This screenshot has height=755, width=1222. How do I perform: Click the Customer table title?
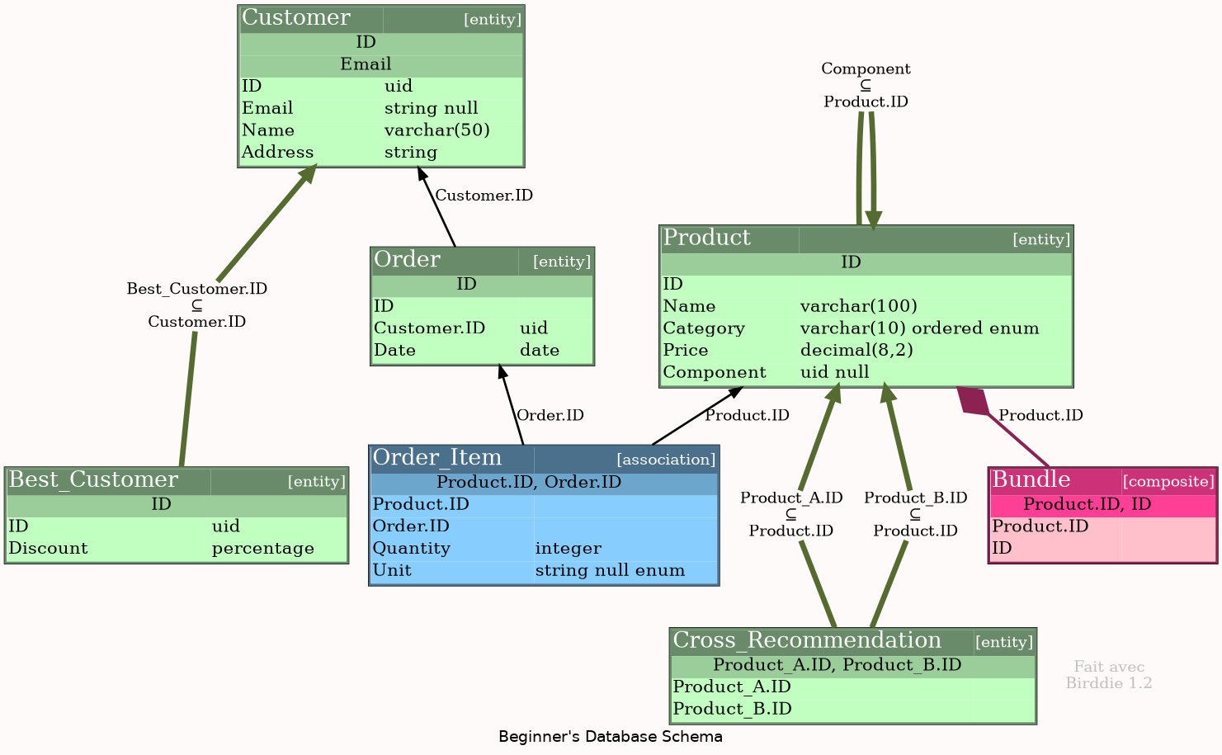pyautogui.click(x=296, y=18)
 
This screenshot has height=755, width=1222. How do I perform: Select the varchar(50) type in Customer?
pyautogui.click(x=437, y=130)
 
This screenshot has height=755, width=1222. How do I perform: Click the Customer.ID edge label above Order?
pyautogui.click(x=484, y=196)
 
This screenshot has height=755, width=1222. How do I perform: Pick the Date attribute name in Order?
pyautogui.click(x=394, y=351)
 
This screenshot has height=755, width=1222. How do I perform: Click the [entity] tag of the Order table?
pyautogui.click(x=562, y=262)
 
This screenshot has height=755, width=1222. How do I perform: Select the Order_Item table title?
pyautogui.click(x=437, y=458)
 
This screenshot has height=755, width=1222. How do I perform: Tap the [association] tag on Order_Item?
pyautogui.click(x=666, y=460)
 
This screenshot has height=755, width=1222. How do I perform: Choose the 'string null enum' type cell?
pyautogui.click(x=610, y=571)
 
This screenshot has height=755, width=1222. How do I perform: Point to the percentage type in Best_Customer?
pyautogui.click(x=262, y=549)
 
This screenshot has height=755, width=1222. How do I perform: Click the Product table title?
pyautogui.click(x=707, y=238)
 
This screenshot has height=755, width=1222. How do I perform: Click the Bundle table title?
pyautogui.click(x=1031, y=480)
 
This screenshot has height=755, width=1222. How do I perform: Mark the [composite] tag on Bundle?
pyautogui.click(x=1168, y=482)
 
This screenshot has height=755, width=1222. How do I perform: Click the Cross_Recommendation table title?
pyautogui.click(x=807, y=641)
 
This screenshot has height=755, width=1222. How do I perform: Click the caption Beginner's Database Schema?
pyautogui.click(x=611, y=737)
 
